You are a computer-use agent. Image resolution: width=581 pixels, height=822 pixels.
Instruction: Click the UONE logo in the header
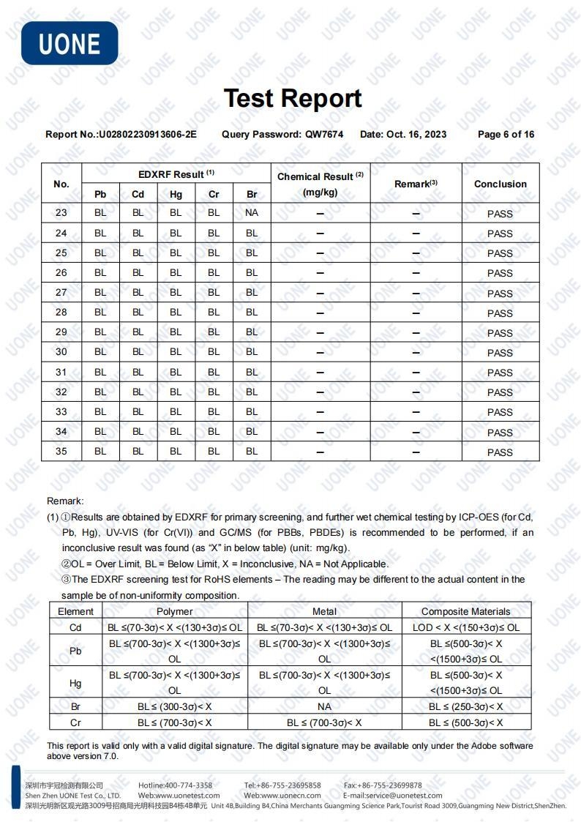click(70, 43)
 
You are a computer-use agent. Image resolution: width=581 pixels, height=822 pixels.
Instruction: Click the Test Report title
click(293, 98)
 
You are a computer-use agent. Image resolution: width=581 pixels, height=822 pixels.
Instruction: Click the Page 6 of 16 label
click(506, 134)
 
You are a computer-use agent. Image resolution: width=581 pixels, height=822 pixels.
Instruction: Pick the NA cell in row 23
click(252, 213)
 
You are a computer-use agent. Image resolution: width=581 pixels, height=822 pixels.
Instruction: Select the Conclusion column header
click(501, 184)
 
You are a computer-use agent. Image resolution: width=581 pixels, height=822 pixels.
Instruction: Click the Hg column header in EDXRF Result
click(176, 194)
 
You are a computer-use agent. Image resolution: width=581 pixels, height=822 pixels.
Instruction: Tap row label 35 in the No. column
click(61, 451)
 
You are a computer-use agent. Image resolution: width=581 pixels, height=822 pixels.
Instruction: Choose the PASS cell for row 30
click(501, 352)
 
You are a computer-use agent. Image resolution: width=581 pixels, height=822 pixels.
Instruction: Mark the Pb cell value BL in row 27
click(100, 292)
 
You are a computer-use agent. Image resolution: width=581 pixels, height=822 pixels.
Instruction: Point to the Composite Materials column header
click(466, 611)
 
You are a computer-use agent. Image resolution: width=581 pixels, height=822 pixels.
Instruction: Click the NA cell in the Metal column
click(324, 706)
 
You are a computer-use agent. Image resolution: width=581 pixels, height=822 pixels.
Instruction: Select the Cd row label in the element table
click(75, 627)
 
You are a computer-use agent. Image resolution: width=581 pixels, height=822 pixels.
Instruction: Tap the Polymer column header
click(175, 611)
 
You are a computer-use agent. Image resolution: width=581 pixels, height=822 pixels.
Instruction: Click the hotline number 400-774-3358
click(189, 785)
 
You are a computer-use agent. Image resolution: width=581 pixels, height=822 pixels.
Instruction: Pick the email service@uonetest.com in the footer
click(406, 796)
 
